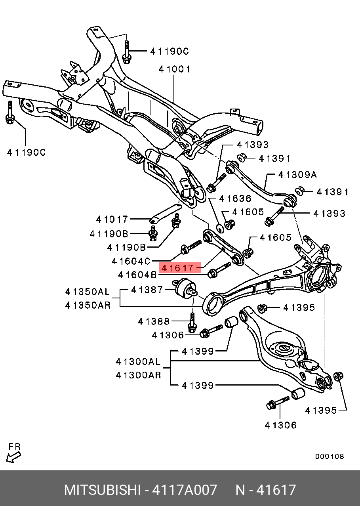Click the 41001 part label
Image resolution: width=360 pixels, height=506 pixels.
[x=174, y=69]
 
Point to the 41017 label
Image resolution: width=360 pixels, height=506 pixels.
[x=112, y=219]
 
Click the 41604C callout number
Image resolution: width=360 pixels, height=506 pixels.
[x=131, y=261]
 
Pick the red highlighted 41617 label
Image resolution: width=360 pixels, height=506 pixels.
[x=179, y=268]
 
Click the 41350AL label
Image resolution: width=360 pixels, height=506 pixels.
[x=87, y=292]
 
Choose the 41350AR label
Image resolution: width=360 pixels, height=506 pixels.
[x=87, y=306]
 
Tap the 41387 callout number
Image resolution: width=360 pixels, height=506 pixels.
[x=147, y=290]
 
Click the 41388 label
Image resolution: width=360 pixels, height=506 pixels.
[x=154, y=321]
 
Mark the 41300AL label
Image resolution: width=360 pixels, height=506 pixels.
[x=138, y=361]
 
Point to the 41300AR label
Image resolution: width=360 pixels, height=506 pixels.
[x=138, y=375]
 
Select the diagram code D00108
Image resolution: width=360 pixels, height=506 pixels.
[x=330, y=456]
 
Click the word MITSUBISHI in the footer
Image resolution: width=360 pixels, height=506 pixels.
[x=102, y=490]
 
